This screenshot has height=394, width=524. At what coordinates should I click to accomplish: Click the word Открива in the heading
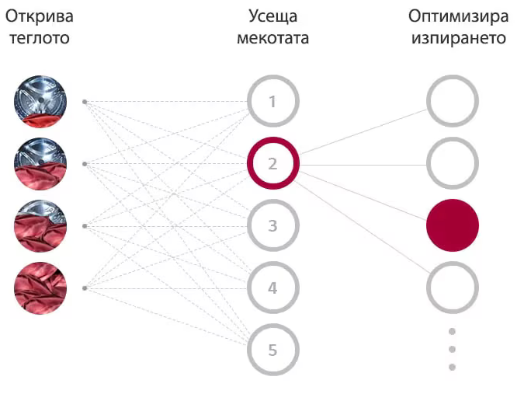(40, 17)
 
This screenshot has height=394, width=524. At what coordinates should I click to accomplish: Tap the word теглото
(40, 38)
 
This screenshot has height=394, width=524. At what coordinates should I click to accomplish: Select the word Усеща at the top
(273, 17)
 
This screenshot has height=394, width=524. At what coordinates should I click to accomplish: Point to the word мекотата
(273, 38)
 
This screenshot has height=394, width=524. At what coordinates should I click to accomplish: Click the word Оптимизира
(459, 17)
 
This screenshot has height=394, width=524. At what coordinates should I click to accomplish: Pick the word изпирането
(459, 38)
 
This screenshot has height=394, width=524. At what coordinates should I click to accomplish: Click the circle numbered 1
(273, 101)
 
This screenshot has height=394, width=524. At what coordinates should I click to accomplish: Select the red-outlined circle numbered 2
(273, 163)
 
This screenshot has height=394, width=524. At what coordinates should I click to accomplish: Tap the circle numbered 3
(273, 225)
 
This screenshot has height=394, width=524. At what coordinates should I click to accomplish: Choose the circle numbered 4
(273, 288)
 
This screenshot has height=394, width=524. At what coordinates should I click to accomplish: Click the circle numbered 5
(273, 350)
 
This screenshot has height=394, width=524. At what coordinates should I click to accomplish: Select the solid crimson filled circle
(453, 225)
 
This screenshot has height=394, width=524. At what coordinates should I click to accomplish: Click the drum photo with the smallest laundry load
(40, 102)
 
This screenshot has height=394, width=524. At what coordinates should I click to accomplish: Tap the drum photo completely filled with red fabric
(40, 288)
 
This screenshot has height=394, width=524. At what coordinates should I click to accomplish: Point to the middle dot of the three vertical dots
(452, 349)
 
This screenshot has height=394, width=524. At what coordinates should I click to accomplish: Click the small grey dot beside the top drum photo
(85, 102)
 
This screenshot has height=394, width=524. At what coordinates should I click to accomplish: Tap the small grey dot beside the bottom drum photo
(85, 288)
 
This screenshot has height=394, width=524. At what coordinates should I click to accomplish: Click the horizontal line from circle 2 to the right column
(363, 165)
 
